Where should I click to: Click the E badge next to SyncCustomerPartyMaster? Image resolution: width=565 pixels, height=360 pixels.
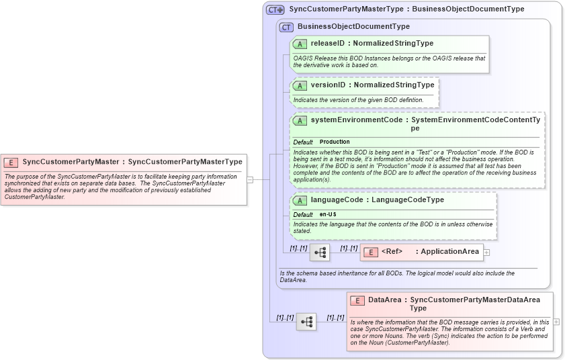tap(11, 163)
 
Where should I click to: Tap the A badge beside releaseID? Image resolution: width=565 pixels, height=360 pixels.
tap(300, 44)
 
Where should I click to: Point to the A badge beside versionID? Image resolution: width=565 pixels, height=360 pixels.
tap(300, 85)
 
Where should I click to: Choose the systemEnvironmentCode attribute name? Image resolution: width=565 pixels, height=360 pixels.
tap(356, 120)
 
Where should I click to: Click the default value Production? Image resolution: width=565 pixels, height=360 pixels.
tap(335, 142)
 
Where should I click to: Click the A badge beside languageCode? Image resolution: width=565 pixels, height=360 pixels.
tap(300, 200)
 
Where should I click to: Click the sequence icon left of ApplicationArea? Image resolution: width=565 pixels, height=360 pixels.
tap(320, 253)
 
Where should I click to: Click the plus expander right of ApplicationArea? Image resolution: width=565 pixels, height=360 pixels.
tap(487, 253)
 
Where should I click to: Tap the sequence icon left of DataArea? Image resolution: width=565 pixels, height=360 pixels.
tap(306, 322)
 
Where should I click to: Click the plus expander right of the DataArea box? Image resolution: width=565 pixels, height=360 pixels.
tap(556, 322)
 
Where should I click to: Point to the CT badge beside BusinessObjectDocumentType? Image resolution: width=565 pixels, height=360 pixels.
tap(286, 27)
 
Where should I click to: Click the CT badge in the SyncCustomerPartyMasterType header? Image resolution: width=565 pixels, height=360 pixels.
tap(275, 9)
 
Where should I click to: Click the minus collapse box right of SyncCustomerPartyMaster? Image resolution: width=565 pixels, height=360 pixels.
tap(250, 179)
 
